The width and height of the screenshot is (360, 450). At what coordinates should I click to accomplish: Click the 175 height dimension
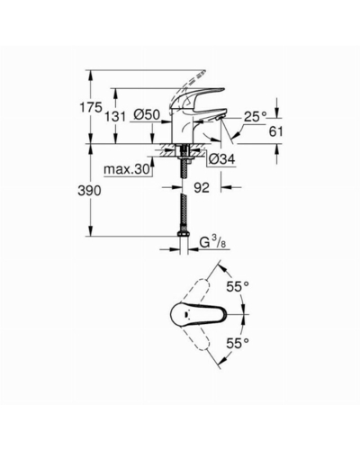[x=91, y=107]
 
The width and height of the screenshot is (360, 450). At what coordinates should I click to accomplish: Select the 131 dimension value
[x=115, y=116]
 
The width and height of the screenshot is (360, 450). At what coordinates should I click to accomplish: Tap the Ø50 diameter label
[x=147, y=114]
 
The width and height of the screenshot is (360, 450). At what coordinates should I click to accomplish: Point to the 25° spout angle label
[x=255, y=116]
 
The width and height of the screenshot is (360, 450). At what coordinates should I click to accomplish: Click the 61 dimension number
[x=275, y=131]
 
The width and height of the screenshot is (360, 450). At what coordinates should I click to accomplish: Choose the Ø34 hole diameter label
[x=222, y=158]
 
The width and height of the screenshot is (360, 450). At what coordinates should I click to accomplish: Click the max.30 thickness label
[x=126, y=170]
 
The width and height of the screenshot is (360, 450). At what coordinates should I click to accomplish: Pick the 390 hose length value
[x=89, y=191]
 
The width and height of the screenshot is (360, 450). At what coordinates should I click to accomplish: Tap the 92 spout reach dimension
[x=202, y=188]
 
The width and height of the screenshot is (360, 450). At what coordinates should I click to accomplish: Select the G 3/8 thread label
[x=212, y=242]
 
